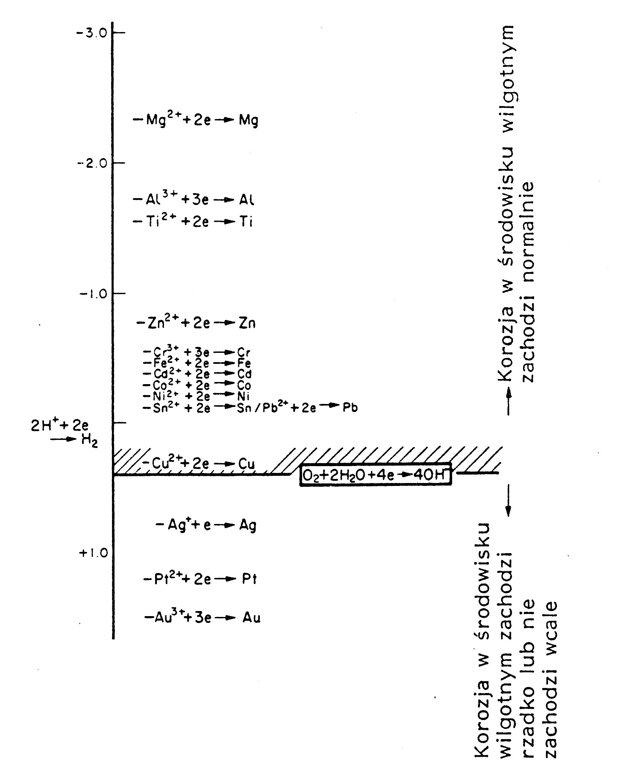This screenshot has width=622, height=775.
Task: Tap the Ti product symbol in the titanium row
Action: [246, 221]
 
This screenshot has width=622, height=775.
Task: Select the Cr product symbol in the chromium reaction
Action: [244, 352]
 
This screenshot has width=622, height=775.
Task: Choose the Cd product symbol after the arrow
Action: [245, 374]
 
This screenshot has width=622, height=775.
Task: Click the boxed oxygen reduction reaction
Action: [376, 475]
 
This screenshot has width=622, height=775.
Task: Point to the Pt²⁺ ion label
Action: [162, 578]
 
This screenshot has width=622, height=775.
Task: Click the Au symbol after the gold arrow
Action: [251, 618]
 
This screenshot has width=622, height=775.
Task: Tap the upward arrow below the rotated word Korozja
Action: [508, 402]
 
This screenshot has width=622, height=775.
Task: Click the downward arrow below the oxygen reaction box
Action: [508, 501]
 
